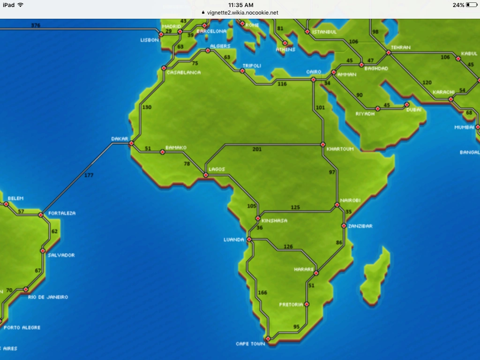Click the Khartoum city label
pos(340,149)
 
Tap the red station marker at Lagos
pos(205,175)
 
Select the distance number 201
pos(257,150)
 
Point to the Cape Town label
pos(250,344)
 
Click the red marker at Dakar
pos(131,143)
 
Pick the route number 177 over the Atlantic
pos(89,175)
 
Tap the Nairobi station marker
pos(337,205)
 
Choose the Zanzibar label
pos(360,226)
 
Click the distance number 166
pos(262,293)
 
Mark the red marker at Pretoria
pos(307,304)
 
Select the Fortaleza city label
pos(62,213)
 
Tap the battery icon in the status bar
pos(471,5)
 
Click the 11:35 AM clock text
pos(240,5)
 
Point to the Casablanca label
pos(183,73)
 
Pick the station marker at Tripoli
pos(242,71)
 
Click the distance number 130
pos(147,107)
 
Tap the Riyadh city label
pos(365,114)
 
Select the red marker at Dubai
pos(406,104)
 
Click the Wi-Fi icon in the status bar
pos(20,5)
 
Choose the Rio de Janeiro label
pos(48,297)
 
